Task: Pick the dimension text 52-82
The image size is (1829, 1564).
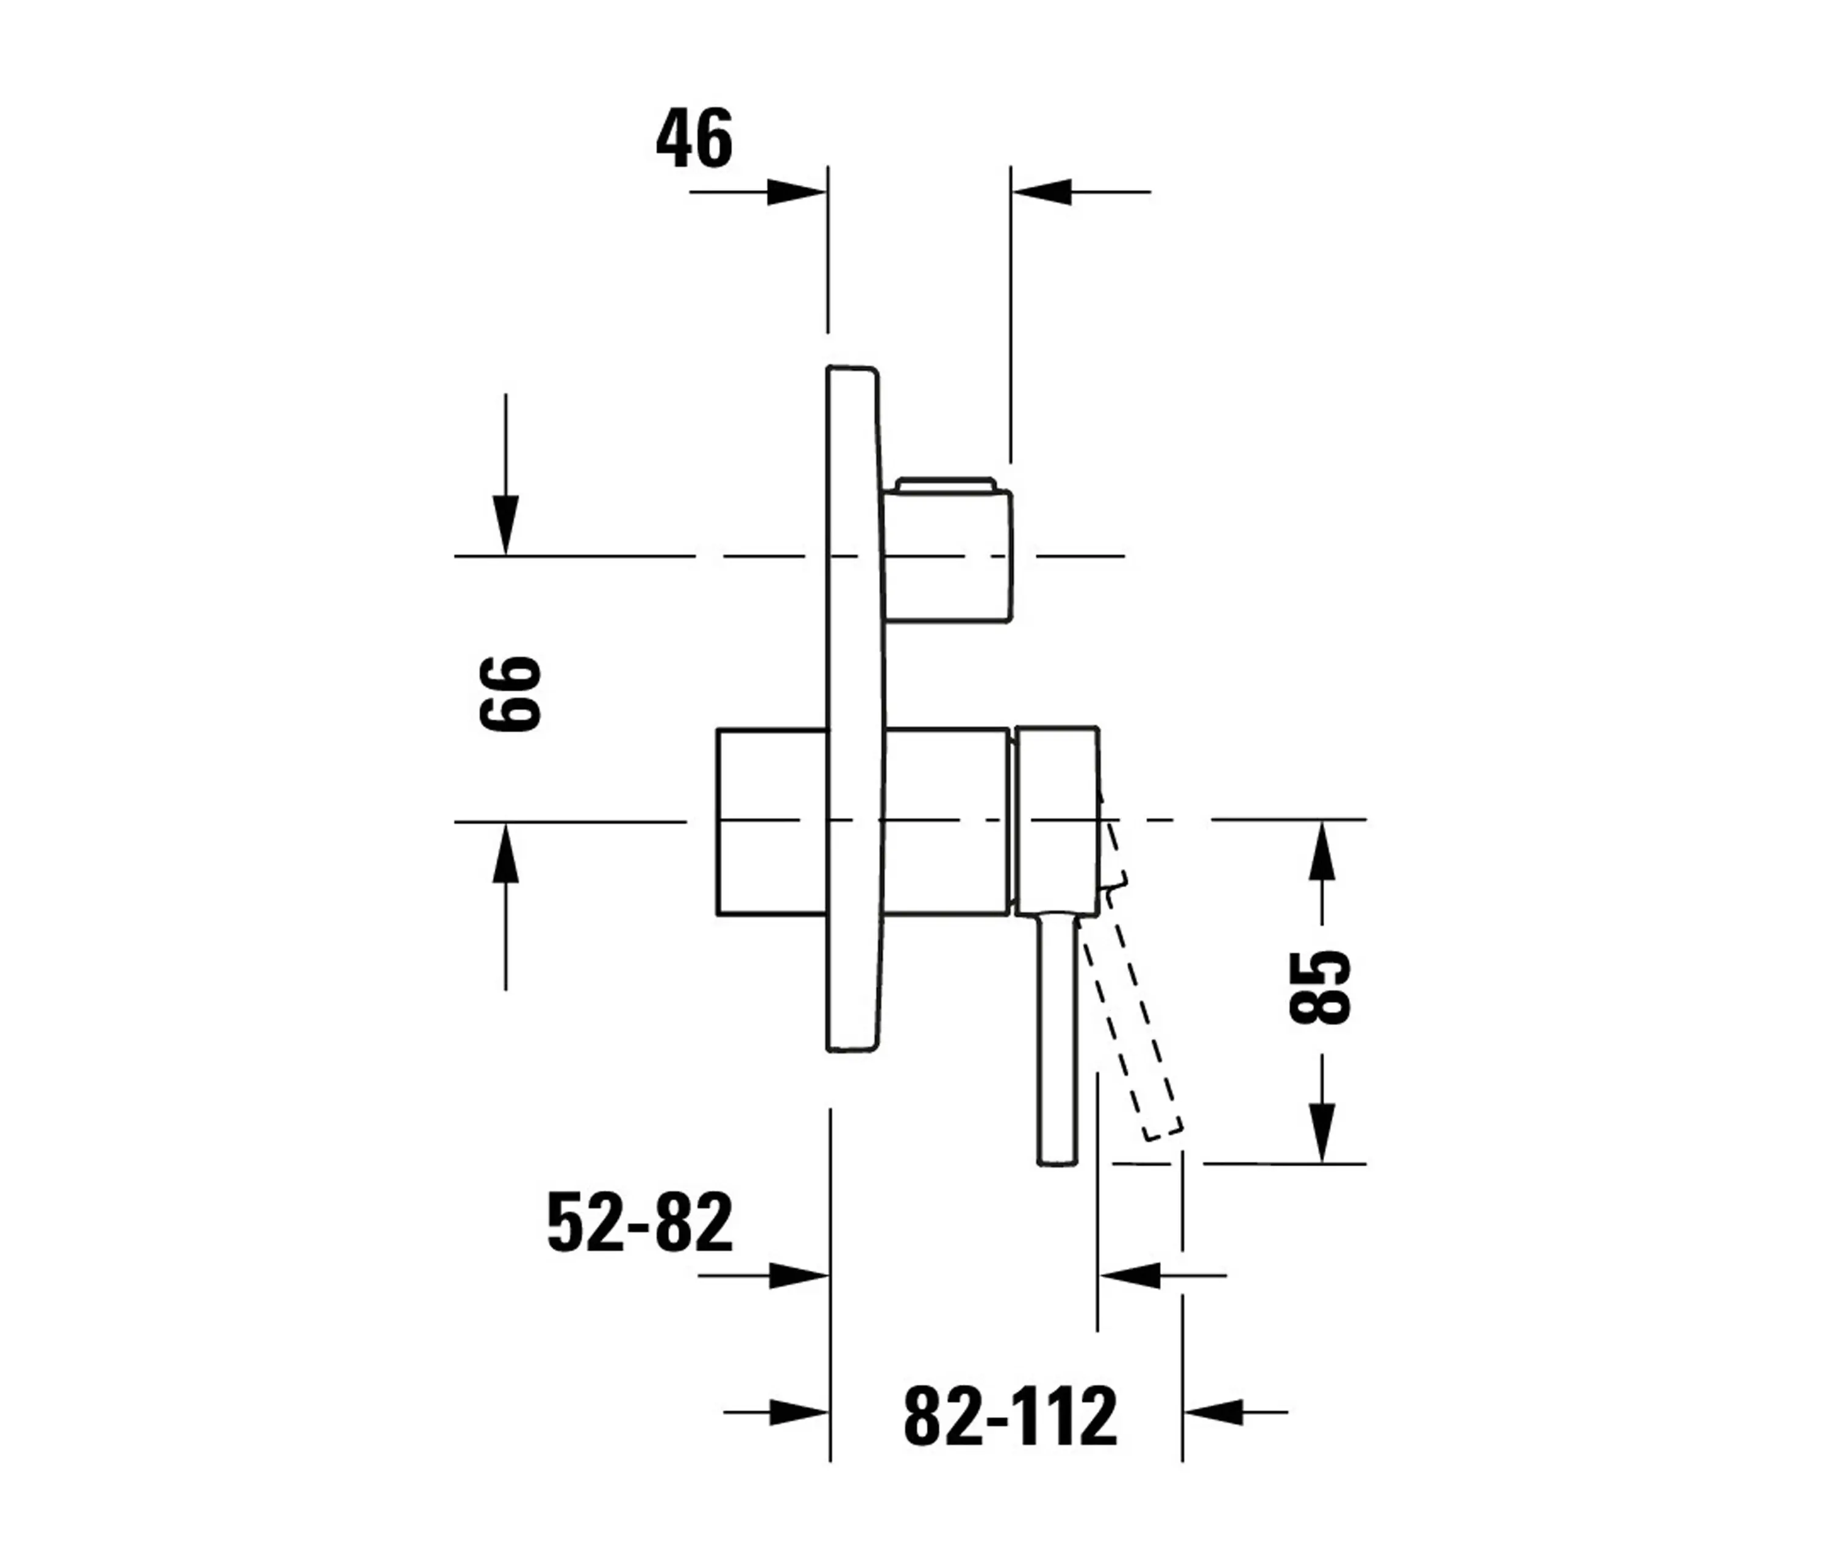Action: (x=640, y=1223)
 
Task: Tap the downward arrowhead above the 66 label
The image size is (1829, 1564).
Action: (x=506, y=526)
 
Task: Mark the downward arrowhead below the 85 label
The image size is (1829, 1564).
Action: (x=1321, y=1132)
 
